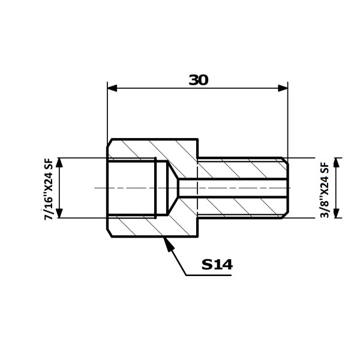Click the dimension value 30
point(199,80)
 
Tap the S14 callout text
point(217,265)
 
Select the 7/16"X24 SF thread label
point(49,189)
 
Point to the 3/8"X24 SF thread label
point(325,190)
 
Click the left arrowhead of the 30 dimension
point(112,88)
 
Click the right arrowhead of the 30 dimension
point(283,88)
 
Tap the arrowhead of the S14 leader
point(167,244)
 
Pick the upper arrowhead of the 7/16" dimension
point(59,163)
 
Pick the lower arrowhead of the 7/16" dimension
point(59,213)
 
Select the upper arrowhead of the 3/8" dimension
point(337,163)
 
